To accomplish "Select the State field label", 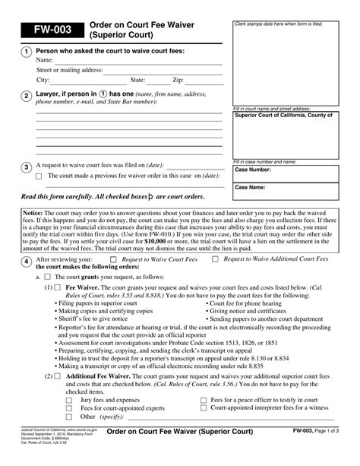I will (137, 79).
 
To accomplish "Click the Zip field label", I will (178, 79).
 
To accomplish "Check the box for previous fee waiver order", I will (40, 176).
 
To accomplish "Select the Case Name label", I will (251, 186).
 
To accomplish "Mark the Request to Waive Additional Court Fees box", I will (215, 259).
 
